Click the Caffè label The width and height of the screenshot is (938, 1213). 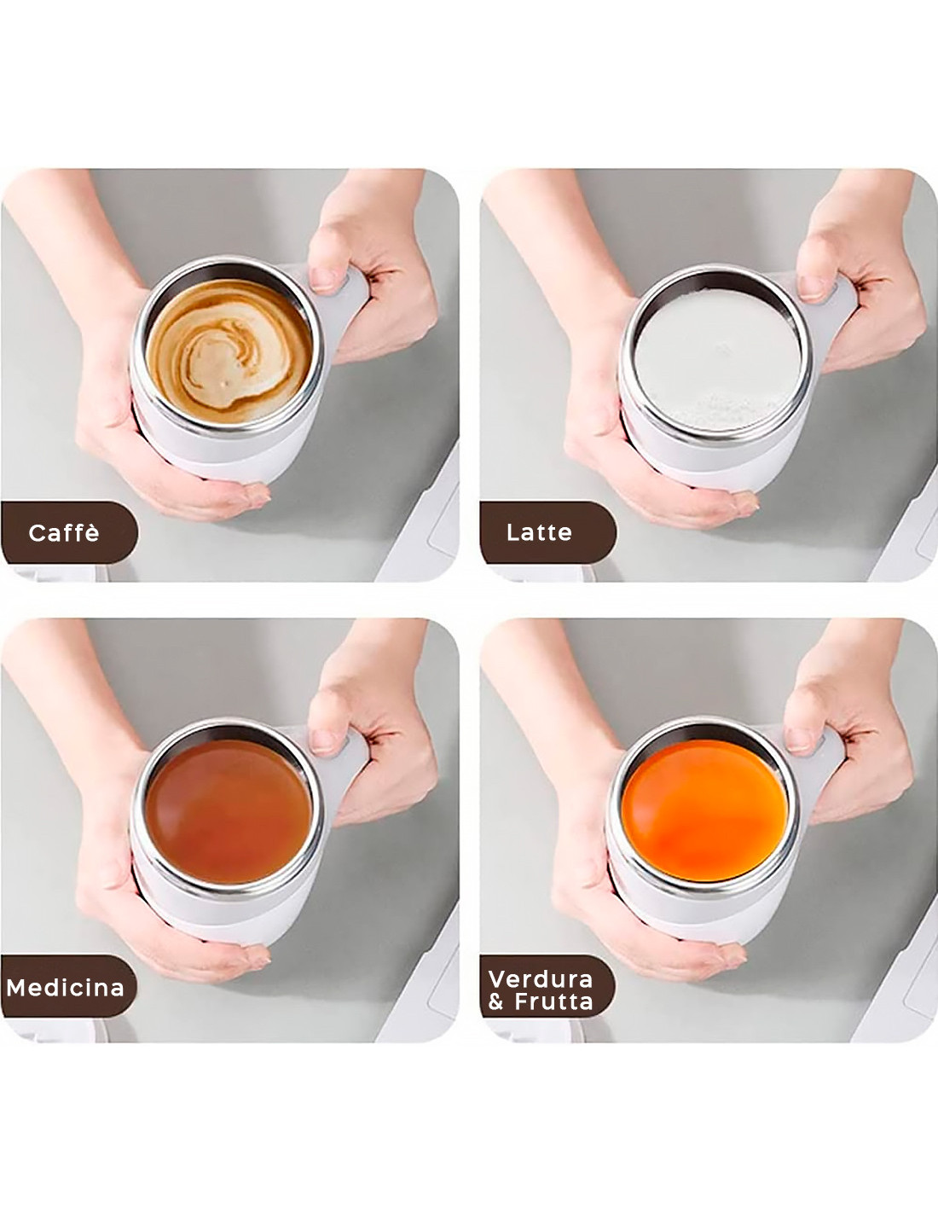[64, 533]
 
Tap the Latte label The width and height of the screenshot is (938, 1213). [539, 532]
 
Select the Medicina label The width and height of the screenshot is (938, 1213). [66, 988]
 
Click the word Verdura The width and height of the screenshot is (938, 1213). [540, 979]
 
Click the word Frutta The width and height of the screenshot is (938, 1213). [553, 1002]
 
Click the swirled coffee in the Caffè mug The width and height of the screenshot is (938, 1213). [229, 351]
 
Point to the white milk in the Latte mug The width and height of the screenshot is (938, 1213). [718, 359]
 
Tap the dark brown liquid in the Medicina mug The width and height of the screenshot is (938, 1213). [229, 811]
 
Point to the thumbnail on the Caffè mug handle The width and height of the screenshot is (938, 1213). [322, 278]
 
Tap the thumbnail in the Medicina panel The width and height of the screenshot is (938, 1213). [322, 739]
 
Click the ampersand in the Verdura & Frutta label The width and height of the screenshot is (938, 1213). [495, 1002]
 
